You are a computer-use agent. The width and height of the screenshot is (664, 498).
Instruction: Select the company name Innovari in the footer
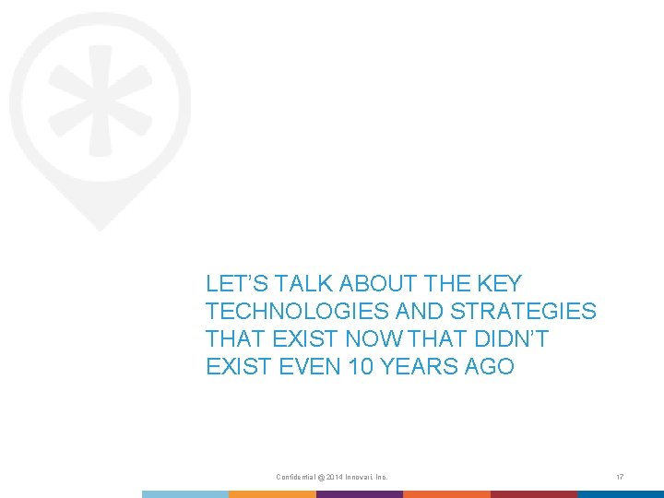(x=362, y=477)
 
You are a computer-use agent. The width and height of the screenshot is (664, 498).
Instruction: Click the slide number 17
(x=621, y=477)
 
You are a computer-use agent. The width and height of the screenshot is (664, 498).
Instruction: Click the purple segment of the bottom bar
(x=360, y=494)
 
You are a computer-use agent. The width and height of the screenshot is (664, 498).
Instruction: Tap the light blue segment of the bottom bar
(x=184, y=494)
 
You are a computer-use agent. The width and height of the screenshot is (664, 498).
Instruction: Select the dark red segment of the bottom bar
(x=534, y=494)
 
